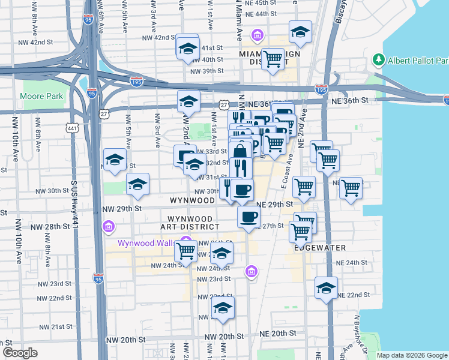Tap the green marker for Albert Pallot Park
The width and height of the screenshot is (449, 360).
point(379,60)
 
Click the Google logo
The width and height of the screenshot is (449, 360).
point(20,352)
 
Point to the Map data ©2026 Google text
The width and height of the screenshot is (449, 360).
point(411,355)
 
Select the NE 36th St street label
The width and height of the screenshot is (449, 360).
point(359,103)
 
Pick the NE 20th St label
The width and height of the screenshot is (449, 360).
point(278,333)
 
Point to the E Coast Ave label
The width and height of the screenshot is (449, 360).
point(288,172)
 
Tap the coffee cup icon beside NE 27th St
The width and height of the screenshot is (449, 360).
point(249,217)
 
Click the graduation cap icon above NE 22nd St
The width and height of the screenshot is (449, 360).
point(327,287)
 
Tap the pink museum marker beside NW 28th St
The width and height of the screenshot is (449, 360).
point(108,227)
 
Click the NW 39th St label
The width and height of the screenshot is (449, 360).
point(206,71)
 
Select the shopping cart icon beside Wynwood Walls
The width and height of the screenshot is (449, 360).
point(186,250)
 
